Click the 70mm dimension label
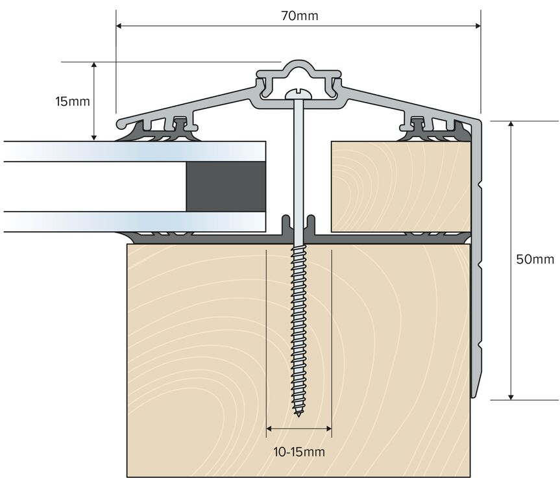click(x=299, y=16)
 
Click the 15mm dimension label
click(x=73, y=101)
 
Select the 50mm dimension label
click(x=535, y=259)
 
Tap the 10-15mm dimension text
click(x=299, y=452)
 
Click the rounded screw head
click(x=299, y=94)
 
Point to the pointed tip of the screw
click(x=298, y=415)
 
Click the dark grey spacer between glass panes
click(x=226, y=186)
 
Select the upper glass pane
click(x=134, y=151)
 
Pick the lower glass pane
click(x=134, y=221)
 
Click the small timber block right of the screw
click(x=401, y=186)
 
